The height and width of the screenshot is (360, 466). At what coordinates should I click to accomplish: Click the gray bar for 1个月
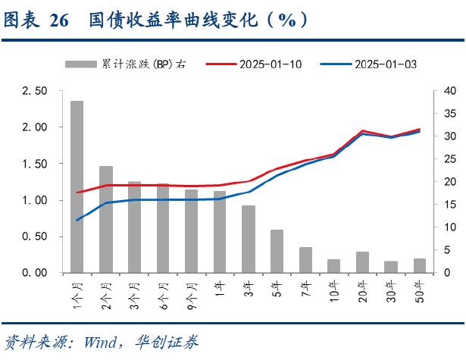[x=77, y=186]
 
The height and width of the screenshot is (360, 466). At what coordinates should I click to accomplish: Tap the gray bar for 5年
[x=277, y=251]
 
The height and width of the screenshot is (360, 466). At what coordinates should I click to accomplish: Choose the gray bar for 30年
[x=391, y=267]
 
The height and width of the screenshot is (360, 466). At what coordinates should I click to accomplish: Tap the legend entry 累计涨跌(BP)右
[x=144, y=64]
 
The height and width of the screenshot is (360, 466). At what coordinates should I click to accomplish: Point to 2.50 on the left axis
[x=34, y=91]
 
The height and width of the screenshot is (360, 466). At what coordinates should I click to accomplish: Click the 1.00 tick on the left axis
[x=34, y=200]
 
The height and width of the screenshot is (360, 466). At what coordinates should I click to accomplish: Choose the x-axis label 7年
[x=305, y=289]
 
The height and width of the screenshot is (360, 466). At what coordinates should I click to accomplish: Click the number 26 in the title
[x=59, y=20]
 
